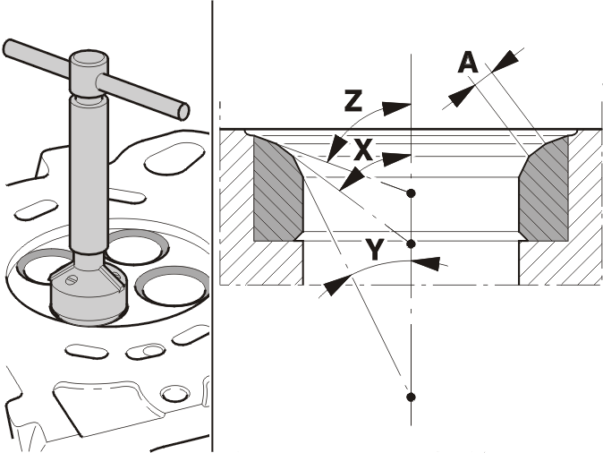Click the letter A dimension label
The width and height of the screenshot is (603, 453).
coord(468,64)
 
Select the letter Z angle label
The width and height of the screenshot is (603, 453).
coord(353,101)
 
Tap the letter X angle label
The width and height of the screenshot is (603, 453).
coord(362,150)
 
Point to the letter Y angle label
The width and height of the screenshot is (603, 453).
coord(374,250)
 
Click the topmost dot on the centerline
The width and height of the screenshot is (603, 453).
coord(412,192)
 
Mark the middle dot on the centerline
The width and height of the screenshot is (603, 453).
coord(412,244)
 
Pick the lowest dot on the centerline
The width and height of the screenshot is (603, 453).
coord(412,397)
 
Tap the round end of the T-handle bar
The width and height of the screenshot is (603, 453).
coord(183,112)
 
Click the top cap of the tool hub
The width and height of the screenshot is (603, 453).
coord(89,58)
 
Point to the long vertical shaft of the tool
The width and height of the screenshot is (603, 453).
coord(88,175)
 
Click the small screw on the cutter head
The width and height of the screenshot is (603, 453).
coord(72,280)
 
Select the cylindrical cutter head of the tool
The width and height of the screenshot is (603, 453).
coord(89,295)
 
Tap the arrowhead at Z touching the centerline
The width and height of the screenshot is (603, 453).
coord(397,108)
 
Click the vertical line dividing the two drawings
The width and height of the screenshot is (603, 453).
coord(212,226)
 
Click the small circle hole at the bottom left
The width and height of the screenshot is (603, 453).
coord(175,395)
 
